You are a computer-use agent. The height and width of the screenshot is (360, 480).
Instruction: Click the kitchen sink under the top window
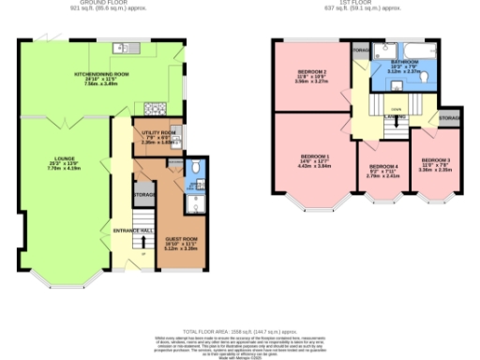click(x=122, y=48)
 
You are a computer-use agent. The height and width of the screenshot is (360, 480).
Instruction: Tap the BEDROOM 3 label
click(x=436, y=165)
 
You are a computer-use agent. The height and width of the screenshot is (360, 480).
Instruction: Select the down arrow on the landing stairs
click(x=396, y=109)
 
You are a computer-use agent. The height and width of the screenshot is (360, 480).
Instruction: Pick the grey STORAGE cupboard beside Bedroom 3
click(x=449, y=119)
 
